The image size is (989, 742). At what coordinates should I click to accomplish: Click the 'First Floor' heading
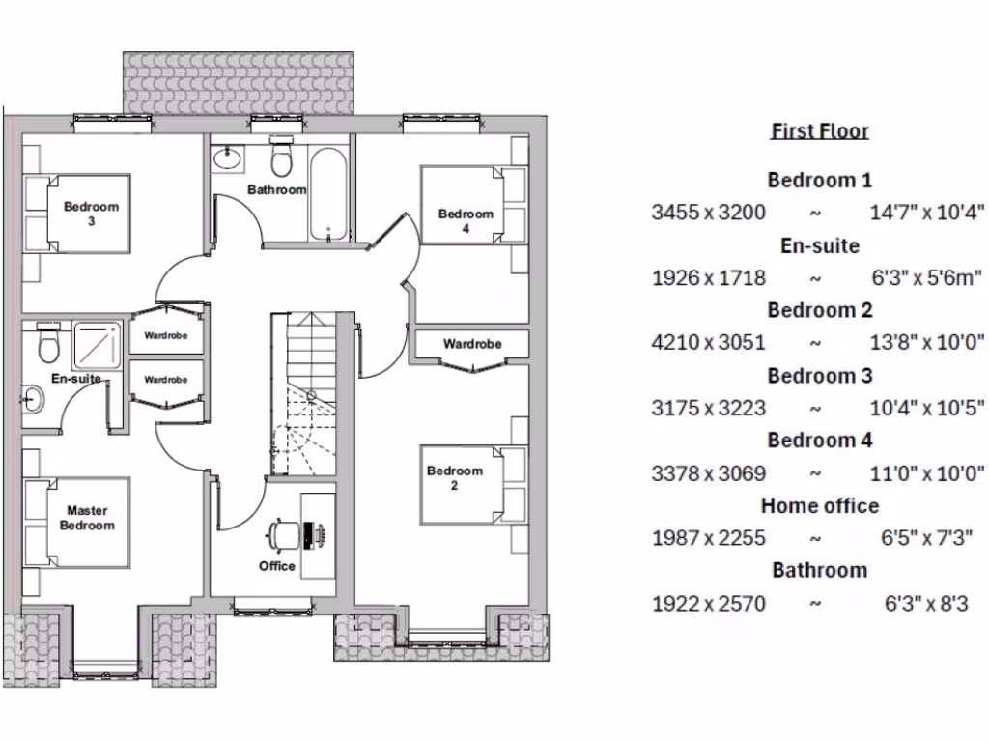pos(819,131)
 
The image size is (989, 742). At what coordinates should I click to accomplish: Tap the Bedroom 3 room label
pos(92,213)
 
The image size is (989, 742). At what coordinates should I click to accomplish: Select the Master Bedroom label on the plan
pos(87,518)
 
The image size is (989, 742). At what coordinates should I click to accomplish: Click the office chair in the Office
pos(282,534)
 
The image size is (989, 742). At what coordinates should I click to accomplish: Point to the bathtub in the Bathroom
pos(328,194)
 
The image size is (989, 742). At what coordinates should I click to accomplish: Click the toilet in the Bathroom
pos(282,156)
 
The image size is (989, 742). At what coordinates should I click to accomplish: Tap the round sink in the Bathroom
pos(229,158)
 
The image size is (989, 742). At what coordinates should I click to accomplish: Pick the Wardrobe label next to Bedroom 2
pos(472,344)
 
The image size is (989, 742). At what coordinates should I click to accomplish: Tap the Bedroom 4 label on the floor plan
pos(466,220)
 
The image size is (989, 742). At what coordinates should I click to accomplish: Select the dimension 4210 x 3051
pos(708,342)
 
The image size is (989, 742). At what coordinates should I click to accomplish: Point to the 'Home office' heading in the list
pos(819,505)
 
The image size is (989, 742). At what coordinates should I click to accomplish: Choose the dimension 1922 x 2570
pos(708,604)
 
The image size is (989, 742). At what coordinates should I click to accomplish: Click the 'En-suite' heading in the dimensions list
pos(819,245)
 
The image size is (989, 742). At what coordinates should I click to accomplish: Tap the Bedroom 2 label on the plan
pos(454,477)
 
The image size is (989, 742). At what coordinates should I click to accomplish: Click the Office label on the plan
pos(276,566)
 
